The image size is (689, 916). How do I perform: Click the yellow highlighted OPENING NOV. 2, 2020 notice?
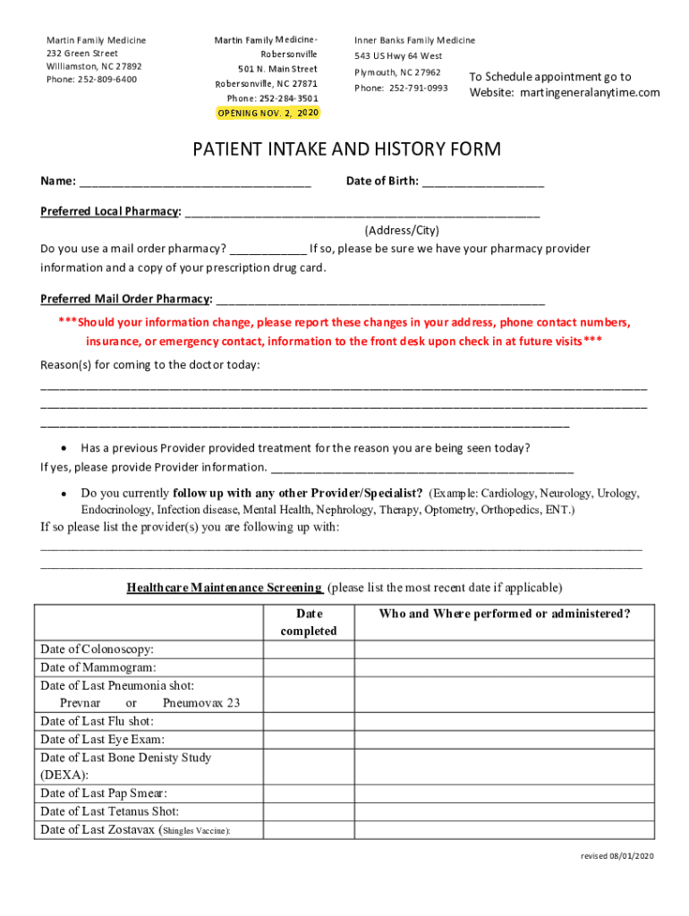268,113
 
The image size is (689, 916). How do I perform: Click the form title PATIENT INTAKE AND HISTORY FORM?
347,149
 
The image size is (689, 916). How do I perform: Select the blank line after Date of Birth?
482,182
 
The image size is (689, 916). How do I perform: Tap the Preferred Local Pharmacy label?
110,212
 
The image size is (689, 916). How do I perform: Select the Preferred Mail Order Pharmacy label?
126,299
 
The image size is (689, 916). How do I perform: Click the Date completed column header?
309,623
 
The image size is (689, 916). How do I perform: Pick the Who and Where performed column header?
504,614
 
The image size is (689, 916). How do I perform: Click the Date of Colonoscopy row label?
97,649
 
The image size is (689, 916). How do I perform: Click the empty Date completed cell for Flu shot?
309,721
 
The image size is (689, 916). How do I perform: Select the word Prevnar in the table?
80,703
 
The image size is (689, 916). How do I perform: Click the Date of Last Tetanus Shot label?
109,811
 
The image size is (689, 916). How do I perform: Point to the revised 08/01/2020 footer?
617,856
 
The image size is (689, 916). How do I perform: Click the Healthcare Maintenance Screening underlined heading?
225,588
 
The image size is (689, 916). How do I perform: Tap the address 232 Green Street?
82,54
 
